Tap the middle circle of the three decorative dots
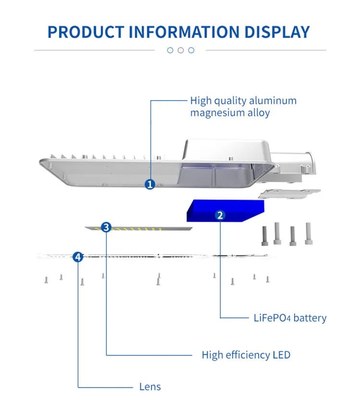point(180,50)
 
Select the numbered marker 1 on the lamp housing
point(149,184)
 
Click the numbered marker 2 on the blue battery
point(220,215)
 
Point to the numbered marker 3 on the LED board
point(106,226)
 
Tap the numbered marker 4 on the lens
point(78,257)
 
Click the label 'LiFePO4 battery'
point(290,318)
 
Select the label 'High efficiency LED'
point(246,355)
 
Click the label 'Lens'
point(150,387)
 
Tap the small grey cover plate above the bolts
point(289,193)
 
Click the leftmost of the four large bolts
point(265,234)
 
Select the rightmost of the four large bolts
point(308,233)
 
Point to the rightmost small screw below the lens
point(267,279)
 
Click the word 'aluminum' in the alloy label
point(276,101)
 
